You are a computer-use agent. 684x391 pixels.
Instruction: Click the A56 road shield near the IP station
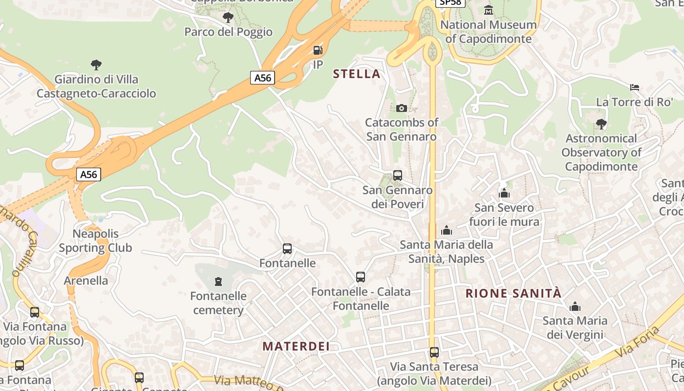[x=263, y=78]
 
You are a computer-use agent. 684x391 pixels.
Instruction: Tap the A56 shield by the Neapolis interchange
[x=88, y=174]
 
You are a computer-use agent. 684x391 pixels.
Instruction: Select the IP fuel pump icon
[x=318, y=50]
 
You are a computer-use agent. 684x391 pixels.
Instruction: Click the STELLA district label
[x=356, y=74]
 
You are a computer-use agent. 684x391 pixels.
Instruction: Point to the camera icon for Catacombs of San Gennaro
[x=402, y=108]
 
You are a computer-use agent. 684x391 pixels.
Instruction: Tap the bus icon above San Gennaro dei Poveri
[x=398, y=175]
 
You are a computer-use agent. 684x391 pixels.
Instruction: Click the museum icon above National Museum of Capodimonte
[x=488, y=10]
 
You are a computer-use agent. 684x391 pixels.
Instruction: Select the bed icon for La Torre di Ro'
[x=635, y=87]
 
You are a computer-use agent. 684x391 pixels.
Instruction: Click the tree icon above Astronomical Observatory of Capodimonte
[x=601, y=124]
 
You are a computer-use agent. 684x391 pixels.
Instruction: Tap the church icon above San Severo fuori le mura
[x=504, y=193]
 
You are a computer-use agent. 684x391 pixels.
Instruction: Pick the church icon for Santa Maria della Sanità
[x=447, y=230]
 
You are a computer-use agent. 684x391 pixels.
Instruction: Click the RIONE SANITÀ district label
[x=513, y=294]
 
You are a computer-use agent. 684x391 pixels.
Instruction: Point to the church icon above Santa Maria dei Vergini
[x=575, y=306]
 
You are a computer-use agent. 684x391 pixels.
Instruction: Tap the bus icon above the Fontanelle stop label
[x=287, y=249]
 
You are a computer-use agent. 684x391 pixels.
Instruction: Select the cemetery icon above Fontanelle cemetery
[x=218, y=282]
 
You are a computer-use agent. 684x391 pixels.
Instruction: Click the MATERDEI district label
[x=296, y=347]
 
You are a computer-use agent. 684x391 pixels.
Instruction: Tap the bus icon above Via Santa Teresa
[x=434, y=352]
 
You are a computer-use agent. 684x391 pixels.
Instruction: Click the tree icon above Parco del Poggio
[x=228, y=18]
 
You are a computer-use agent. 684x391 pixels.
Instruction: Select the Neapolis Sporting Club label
[x=96, y=241]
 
